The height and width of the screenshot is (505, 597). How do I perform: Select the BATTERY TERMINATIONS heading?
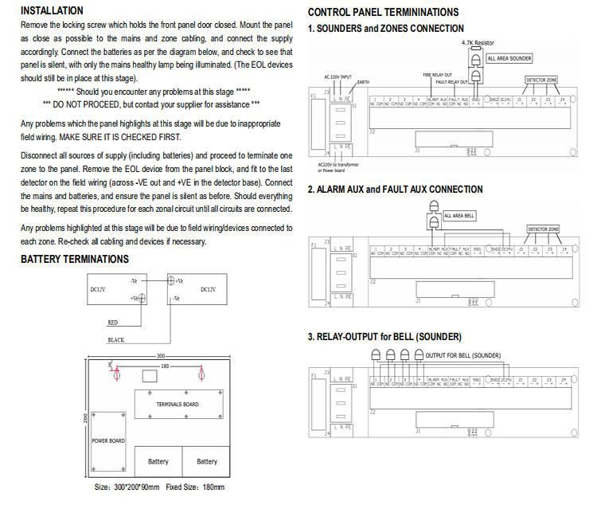pos(74,259)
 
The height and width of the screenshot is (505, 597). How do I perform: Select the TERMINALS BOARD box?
pos(176,404)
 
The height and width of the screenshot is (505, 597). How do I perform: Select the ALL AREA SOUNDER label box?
pos(509,58)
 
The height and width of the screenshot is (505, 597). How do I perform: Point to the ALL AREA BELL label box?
pos(459,216)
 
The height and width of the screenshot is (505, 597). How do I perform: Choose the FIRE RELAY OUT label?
pos(438,73)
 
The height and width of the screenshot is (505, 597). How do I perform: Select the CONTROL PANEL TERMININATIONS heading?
pos(383,13)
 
